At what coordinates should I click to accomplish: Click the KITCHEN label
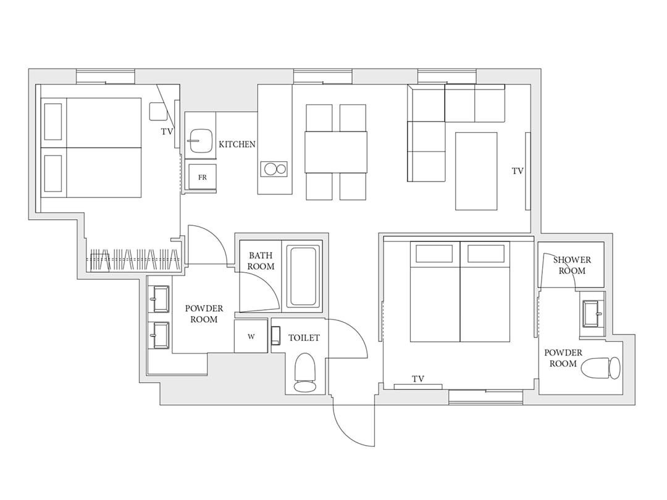(237, 144)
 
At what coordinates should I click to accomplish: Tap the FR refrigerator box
(203, 177)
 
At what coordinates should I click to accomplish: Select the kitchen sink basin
(201, 141)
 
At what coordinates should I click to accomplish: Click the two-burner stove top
(274, 169)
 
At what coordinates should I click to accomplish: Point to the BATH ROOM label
(261, 260)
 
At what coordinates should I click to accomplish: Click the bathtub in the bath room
(303, 276)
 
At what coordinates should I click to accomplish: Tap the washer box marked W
(251, 336)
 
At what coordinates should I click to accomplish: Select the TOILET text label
(304, 338)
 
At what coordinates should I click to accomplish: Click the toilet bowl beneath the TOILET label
(305, 373)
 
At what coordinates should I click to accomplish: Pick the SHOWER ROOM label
(572, 265)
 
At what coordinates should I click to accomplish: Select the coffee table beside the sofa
(476, 172)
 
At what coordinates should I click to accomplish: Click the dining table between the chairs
(335, 152)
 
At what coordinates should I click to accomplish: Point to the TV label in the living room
(518, 171)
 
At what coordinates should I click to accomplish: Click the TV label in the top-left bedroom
(167, 132)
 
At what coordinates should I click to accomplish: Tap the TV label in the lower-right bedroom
(417, 378)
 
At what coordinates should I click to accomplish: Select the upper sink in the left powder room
(160, 299)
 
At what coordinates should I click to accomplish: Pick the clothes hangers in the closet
(133, 259)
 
